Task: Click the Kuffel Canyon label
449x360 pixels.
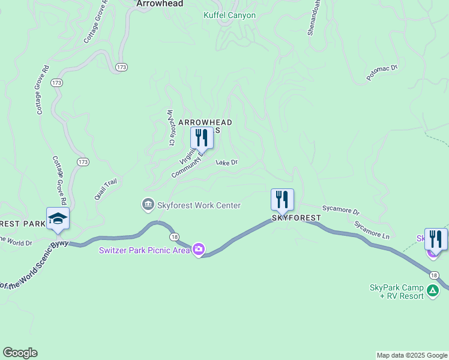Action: (229, 16)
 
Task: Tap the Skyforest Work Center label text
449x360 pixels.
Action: (199, 205)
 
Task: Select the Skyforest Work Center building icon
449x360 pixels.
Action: (148, 205)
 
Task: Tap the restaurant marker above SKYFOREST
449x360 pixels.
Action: (282, 200)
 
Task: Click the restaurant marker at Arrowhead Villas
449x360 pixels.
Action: (201, 138)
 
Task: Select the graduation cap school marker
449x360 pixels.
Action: (58, 218)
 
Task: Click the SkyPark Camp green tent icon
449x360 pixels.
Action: (433, 292)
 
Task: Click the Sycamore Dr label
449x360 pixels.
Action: (340, 212)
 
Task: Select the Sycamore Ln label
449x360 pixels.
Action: (372, 230)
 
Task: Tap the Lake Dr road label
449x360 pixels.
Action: (227, 163)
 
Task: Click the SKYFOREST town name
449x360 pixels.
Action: (292, 218)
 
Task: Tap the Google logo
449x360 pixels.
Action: (20, 353)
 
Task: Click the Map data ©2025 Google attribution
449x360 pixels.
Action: (412, 355)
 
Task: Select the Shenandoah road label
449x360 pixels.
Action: (314, 17)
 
